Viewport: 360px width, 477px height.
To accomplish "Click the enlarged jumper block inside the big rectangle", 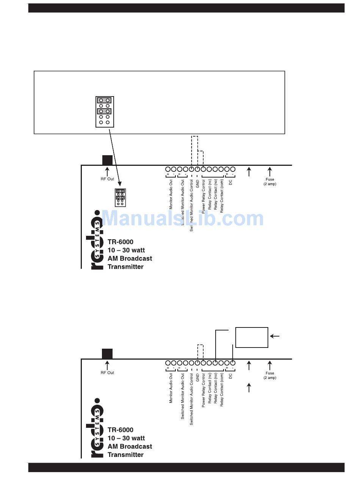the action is (105, 112).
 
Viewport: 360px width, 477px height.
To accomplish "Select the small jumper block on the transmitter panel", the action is (121, 197).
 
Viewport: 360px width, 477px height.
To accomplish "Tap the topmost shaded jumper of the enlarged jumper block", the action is (105, 100).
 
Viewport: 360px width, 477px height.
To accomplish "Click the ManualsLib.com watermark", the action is (183, 219).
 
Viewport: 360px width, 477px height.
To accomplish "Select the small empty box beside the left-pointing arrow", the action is (252, 337).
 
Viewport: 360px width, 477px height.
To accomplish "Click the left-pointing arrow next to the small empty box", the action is (275, 336).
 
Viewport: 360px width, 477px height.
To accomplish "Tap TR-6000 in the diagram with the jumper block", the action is (121, 242).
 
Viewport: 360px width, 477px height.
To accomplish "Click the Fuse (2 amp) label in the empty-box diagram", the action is (270, 376).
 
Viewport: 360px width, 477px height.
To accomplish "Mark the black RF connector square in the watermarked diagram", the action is (107, 160).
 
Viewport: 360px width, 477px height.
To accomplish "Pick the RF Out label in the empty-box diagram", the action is (107, 373).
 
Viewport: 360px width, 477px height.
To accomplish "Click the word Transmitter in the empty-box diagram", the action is (125, 455).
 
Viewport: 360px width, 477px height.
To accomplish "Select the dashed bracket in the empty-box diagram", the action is (200, 352).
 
